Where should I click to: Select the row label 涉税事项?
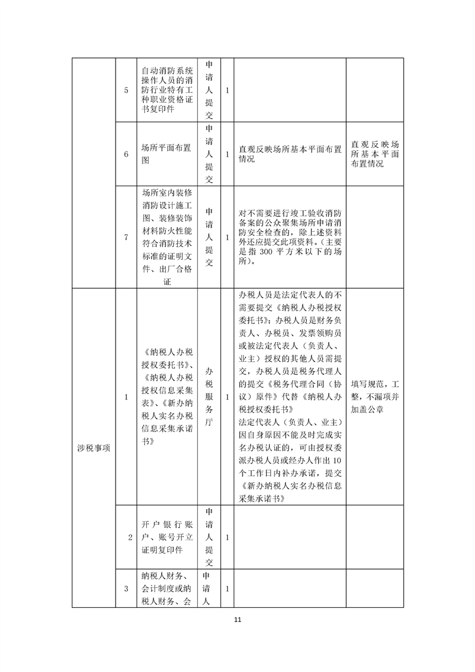[93, 448]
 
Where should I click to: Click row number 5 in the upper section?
[126, 90]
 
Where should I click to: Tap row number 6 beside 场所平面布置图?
[126, 155]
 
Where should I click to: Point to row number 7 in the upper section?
[126, 237]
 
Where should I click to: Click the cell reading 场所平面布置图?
[166, 155]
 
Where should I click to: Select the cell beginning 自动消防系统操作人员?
[166, 90]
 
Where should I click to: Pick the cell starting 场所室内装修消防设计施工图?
[167, 237]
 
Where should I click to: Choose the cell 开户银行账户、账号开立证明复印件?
[166, 538]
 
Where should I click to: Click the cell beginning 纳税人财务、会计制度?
[166, 589]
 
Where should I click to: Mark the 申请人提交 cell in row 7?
[209, 237]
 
